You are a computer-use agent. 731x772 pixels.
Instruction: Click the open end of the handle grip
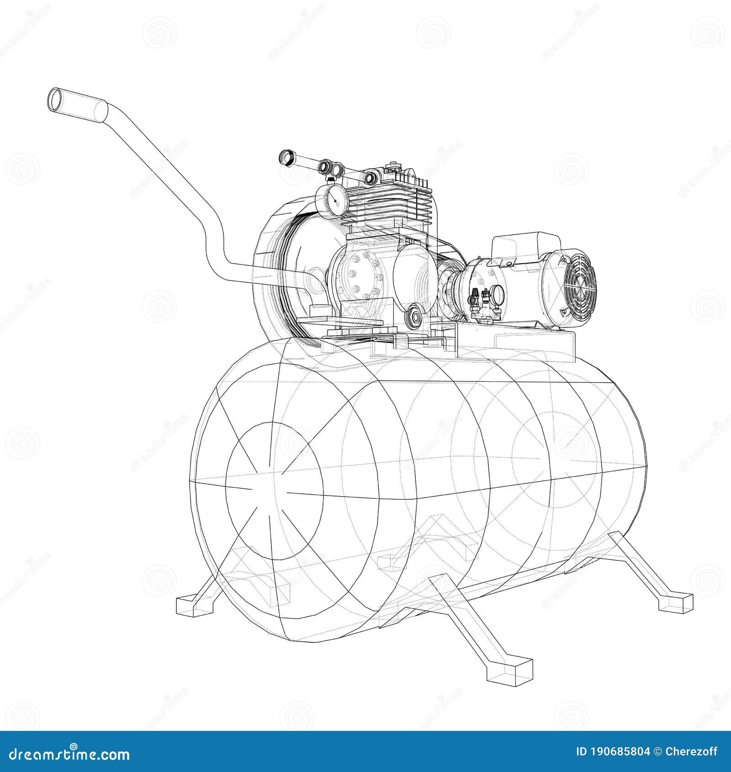click(56, 99)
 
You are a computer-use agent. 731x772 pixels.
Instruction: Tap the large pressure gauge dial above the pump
click(332, 200)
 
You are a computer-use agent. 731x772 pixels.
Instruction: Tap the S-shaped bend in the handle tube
click(215, 242)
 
